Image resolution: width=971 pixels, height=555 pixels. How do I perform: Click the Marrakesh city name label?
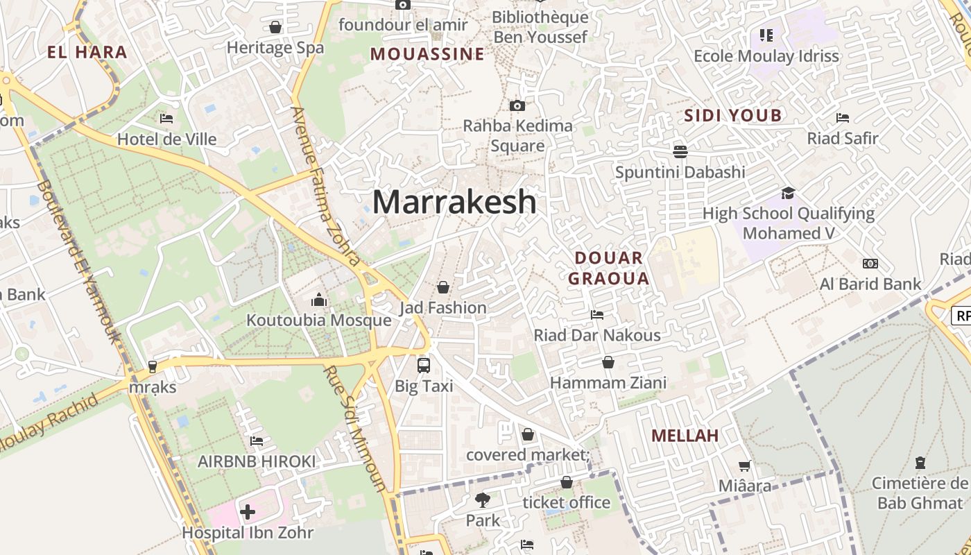point(454,202)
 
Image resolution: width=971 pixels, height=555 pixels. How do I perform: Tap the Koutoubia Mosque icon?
point(319,300)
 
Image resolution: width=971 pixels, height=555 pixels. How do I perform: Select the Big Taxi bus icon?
point(423,365)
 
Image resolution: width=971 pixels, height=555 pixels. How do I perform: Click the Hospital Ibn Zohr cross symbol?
point(247,513)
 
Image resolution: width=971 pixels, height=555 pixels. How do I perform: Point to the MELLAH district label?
point(685,436)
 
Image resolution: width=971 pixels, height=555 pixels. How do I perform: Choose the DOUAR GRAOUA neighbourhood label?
point(609,268)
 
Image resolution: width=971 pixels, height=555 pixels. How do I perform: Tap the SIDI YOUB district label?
point(733,115)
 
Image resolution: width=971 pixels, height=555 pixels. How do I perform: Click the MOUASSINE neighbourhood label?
point(427,54)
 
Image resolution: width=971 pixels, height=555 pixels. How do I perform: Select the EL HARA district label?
point(87,52)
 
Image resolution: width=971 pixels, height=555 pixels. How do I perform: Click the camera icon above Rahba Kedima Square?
point(517,105)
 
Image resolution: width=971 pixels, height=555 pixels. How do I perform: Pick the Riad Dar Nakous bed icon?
point(596,315)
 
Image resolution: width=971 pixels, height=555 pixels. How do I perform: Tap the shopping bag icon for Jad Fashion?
point(442,287)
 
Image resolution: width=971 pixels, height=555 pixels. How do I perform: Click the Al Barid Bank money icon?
point(870,264)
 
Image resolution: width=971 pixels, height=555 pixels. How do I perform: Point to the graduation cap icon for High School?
point(788,193)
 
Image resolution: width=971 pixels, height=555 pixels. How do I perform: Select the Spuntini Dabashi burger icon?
point(680,151)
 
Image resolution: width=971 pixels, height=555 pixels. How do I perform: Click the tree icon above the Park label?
point(482,499)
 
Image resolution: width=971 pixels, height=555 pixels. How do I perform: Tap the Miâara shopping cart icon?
point(744,466)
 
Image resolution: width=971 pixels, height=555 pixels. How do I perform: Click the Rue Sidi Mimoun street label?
point(354,429)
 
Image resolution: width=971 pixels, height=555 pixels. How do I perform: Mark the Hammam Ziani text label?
point(608,382)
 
